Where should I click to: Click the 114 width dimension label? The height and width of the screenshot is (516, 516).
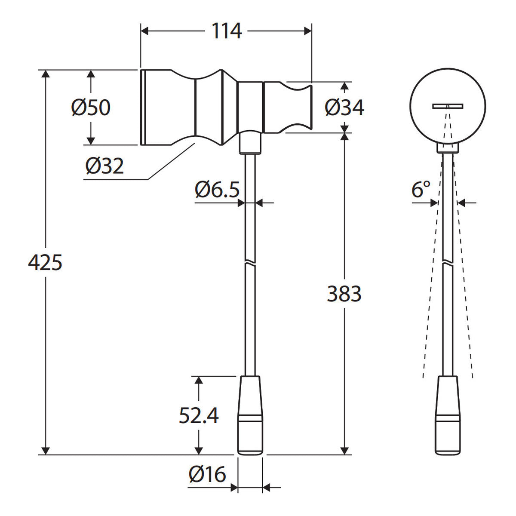pos(227,31)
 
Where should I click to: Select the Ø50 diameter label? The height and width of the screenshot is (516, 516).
pos(91,107)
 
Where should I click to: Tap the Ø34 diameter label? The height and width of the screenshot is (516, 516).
pos(344,107)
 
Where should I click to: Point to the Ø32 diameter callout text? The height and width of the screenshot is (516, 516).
pos(104,166)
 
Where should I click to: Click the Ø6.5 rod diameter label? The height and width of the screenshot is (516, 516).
pos(217,189)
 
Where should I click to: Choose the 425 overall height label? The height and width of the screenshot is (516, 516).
pos(45,262)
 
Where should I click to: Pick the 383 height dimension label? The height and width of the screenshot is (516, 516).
pos(344,294)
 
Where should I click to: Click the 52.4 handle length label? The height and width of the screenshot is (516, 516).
pos(199,415)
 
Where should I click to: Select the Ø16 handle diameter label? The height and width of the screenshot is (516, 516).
pos(207,474)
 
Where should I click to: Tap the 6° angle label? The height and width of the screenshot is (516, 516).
pos(421,189)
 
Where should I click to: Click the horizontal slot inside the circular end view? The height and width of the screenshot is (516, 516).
pos(448,106)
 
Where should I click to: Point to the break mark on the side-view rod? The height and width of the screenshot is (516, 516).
pos(250,262)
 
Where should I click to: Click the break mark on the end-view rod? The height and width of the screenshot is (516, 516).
pos(448,262)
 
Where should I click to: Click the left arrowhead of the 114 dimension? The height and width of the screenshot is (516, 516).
pos(144,31)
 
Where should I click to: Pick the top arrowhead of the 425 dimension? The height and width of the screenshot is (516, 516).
pos(46,74)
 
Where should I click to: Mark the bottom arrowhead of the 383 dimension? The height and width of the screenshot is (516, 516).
pos(344,451)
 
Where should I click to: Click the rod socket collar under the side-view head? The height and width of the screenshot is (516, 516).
pos(250,142)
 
